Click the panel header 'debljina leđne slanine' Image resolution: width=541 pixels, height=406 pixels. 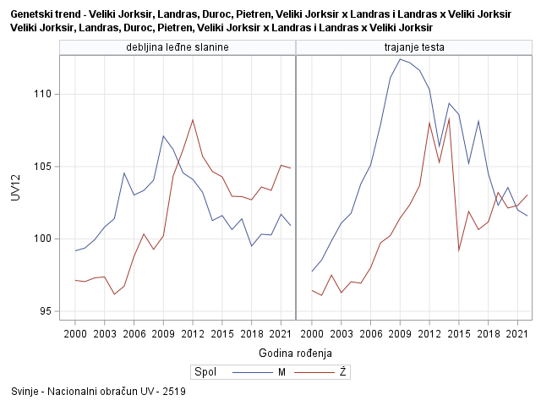pyautogui.click(x=178, y=47)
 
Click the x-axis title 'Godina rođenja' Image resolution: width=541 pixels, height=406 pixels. pyautogui.click(x=296, y=352)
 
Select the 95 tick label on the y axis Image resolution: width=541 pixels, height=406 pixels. pyautogui.click(x=45, y=311)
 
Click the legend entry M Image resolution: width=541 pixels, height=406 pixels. pyautogui.click(x=269, y=371)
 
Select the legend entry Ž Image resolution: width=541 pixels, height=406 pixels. pyautogui.click(x=342, y=371)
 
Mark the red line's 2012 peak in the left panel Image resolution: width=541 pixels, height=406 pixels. pyautogui.click(x=193, y=120)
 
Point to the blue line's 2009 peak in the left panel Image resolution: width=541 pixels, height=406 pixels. pyautogui.click(x=163, y=135)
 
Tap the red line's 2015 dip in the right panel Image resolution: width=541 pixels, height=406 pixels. pyautogui.click(x=459, y=250)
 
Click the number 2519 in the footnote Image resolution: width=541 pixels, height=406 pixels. pyautogui.click(x=175, y=392)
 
